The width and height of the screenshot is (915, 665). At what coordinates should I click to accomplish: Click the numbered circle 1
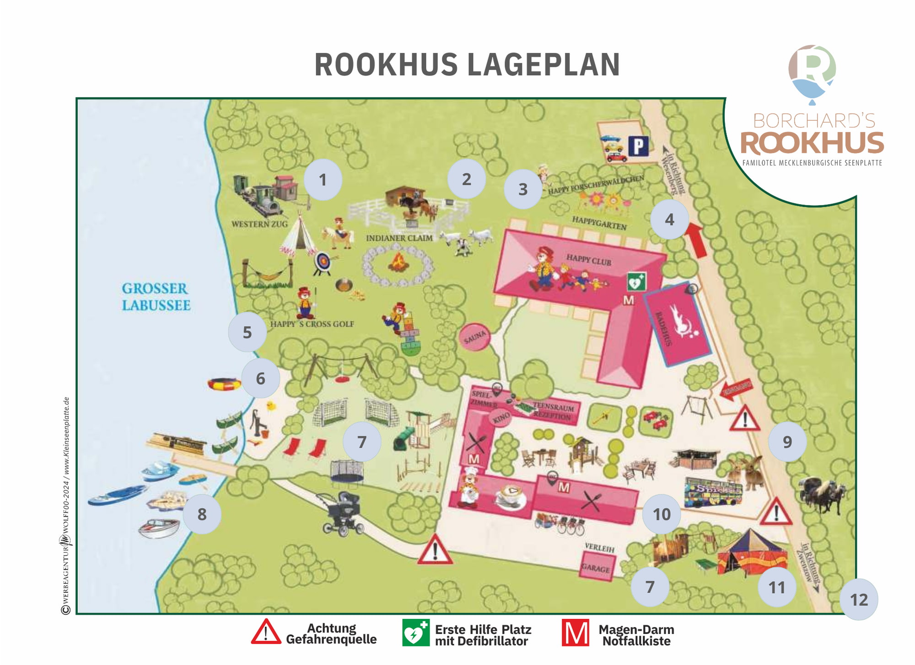coord(323,180)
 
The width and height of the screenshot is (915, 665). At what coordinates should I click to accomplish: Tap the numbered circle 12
coord(858,600)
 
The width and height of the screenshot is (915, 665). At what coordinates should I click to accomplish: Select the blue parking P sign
coord(638,147)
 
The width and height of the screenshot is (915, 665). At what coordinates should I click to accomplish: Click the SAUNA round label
coord(475,337)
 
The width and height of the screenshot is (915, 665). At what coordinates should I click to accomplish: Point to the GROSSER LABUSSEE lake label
coord(156,297)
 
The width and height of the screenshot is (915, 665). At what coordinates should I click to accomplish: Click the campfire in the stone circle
coord(398,263)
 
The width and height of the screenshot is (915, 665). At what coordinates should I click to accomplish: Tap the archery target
coord(323,263)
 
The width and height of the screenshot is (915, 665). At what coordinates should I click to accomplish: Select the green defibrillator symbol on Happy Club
coord(636,282)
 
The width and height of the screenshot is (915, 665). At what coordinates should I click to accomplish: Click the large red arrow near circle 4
coord(698,240)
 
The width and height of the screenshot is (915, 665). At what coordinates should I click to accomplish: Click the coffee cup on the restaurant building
coord(510,496)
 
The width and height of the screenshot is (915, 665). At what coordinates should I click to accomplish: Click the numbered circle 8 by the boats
coord(202,515)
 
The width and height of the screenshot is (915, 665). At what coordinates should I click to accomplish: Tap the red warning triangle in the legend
coord(266,633)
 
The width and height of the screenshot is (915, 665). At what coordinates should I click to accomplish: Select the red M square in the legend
coord(575,633)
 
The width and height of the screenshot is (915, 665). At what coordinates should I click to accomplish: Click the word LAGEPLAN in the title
coord(544,64)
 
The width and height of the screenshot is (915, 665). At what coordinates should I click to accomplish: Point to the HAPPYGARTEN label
coord(599,223)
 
